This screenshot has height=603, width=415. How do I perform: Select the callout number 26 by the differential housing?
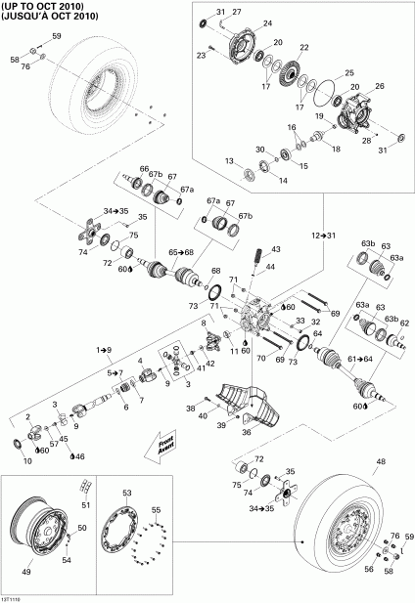pos(380,86)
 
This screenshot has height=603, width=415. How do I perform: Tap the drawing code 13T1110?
pos(13,597)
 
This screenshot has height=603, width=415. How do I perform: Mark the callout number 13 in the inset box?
pos(228,160)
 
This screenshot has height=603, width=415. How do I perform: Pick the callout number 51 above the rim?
pos(84,504)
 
